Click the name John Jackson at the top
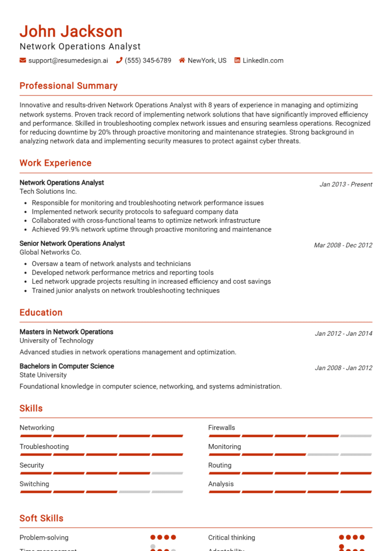point(71,31)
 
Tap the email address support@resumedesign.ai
point(68,60)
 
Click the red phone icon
point(119,60)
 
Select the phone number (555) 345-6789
point(148,60)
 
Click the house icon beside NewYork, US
point(182,60)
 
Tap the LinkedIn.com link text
point(263,60)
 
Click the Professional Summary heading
point(68,86)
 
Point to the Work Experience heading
point(56,163)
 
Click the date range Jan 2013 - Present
point(346,185)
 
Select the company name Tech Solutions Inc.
point(48,192)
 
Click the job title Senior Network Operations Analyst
point(72,244)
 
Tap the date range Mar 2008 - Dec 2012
point(342,245)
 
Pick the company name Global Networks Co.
point(50,252)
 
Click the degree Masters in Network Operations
point(66,332)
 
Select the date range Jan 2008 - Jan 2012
point(343,368)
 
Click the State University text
point(43,375)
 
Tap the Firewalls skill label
point(222,428)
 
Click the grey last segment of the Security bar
point(167,473)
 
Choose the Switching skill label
point(34,484)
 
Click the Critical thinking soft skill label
point(232,538)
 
